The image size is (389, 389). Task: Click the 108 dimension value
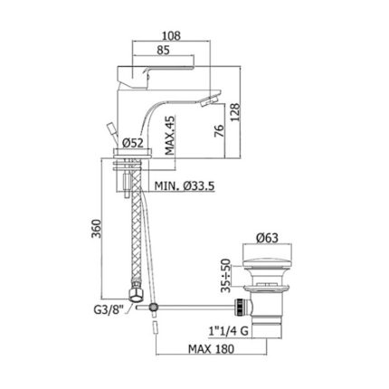[x=171, y=36]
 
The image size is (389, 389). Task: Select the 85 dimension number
[x=163, y=50]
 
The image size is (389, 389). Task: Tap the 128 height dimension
[x=235, y=112]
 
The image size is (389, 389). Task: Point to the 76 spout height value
[x=221, y=131]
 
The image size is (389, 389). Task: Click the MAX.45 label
[x=170, y=136]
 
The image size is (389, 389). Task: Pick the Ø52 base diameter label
[x=133, y=143]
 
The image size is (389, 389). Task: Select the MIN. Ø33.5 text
[x=185, y=186]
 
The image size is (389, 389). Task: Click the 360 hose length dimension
[x=97, y=229]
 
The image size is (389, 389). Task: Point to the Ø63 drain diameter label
[x=267, y=238]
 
